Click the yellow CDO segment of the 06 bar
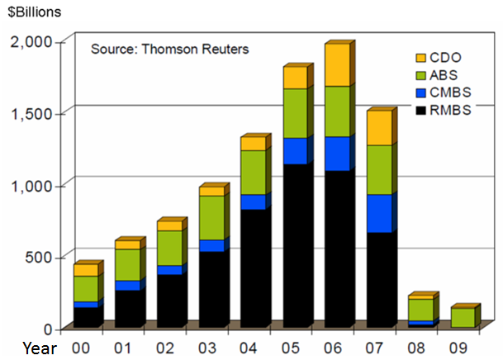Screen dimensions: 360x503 click(x=335, y=65)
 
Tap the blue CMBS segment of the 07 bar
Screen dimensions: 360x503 click(x=378, y=213)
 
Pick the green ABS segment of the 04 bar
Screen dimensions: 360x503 click(x=254, y=172)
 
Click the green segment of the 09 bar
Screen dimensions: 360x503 click(x=463, y=317)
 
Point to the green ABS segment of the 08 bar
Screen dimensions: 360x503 click(x=420, y=309)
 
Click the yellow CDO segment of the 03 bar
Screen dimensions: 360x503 click(x=211, y=191)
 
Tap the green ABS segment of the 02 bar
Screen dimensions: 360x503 click(x=169, y=248)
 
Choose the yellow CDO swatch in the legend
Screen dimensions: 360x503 click(x=420, y=58)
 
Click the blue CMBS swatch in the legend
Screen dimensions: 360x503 click(x=420, y=93)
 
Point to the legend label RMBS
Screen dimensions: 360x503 click(x=451, y=111)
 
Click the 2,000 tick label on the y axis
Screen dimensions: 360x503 click(x=31, y=41)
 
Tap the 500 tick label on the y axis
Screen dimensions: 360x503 click(x=40, y=257)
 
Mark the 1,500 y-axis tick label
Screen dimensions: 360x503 click(x=31, y=112)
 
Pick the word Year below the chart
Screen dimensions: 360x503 click(x=40, y=348)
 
